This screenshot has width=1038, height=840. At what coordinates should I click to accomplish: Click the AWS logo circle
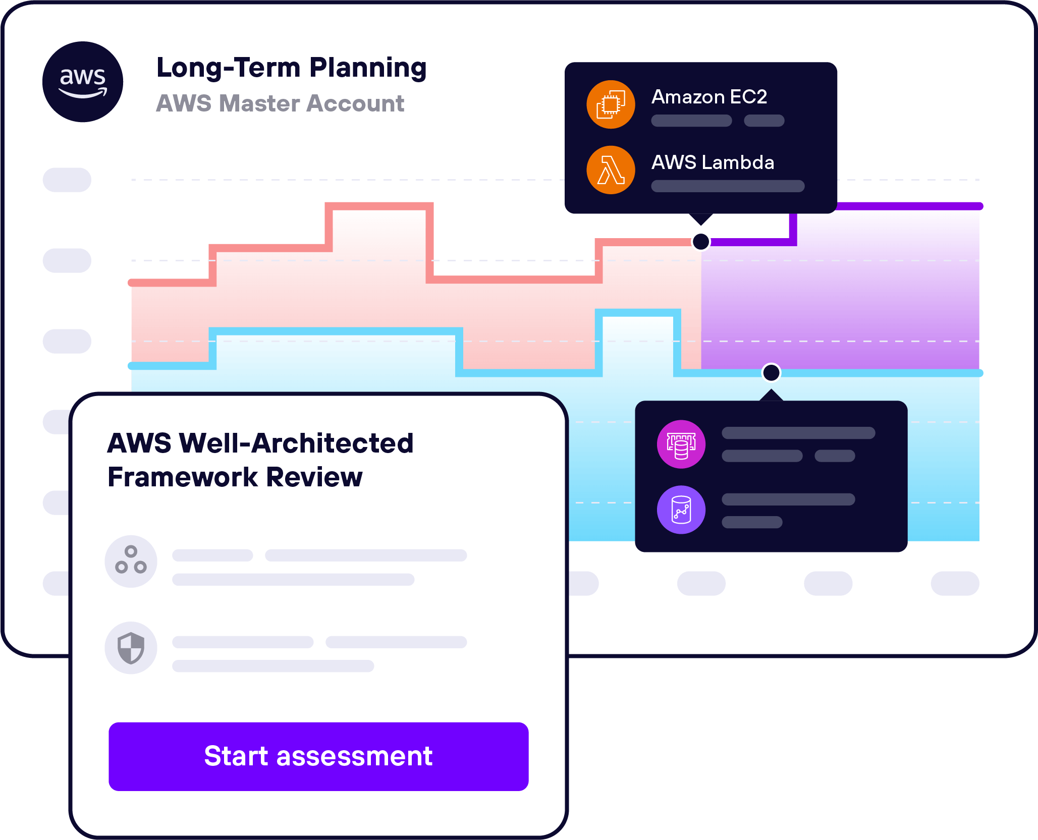click(83, 82)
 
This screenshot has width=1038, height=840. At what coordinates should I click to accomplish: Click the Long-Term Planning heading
click(291, 68)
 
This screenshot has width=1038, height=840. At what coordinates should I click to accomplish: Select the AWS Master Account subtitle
click(280, 103)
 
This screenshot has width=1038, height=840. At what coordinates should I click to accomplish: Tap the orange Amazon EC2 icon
click(611, 104)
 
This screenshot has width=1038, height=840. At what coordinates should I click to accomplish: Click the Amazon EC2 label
click(709, 96)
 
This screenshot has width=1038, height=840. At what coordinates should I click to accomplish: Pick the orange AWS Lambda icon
click(611, 170)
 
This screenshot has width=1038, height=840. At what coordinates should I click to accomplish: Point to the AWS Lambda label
click(713, 162)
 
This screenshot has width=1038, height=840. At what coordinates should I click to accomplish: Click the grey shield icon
click(131, 648)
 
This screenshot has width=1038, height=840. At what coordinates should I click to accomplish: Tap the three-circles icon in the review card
click(131, 561)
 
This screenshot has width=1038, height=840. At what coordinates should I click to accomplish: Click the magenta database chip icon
click(681, 444)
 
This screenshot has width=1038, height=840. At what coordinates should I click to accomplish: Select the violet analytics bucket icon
click(681, 510)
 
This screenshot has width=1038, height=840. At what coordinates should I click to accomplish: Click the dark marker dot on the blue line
click(771, 373)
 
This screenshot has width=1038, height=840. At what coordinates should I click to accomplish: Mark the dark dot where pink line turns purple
click(701, 242)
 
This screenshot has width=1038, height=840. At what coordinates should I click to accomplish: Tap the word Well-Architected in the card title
click(296, 443)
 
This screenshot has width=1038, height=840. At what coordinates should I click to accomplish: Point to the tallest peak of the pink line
click(379, 206)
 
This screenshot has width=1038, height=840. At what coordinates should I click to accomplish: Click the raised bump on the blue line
click(638, 313)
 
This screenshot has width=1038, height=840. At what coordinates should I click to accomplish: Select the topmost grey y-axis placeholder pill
click(67, 180)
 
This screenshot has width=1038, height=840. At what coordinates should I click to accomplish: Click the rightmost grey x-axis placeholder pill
click(955, 583)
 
